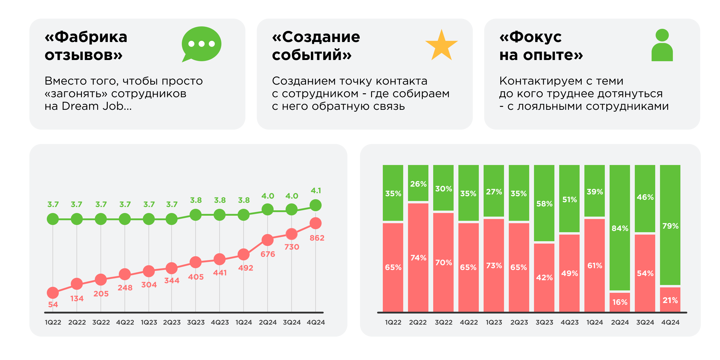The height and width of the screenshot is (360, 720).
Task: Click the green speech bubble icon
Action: (x=201, y=44)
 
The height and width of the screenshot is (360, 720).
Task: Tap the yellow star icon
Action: (x=441, y=46)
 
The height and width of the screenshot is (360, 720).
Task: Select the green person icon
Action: (x=662, y=46)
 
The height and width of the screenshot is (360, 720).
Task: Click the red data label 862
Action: (x=317, y=238)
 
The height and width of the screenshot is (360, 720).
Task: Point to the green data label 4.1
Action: (x=316, y=191)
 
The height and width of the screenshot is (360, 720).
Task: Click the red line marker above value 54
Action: (x=53, y=293)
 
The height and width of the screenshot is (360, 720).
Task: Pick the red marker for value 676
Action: (x=268, y=240)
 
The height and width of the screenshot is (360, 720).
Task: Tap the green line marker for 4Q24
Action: (x=316, y=205)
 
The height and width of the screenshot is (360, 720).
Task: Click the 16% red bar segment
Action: (x=620, y=302)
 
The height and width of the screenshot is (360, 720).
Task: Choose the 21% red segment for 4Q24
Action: (x=670, y=300)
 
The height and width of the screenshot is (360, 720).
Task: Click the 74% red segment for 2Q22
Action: (x=418, y=257)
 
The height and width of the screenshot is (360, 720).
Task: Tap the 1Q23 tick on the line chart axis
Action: (x=149, y=322)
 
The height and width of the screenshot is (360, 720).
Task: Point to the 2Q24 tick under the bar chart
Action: (x=620, y=322)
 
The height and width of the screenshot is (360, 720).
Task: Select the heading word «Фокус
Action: (x=530, y=37)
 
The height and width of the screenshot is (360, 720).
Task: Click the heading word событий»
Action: (x=312, y=55)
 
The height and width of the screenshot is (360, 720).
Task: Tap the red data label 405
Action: (x=196, y=277)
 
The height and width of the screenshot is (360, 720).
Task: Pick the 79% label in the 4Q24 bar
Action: (x=670, y=226)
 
